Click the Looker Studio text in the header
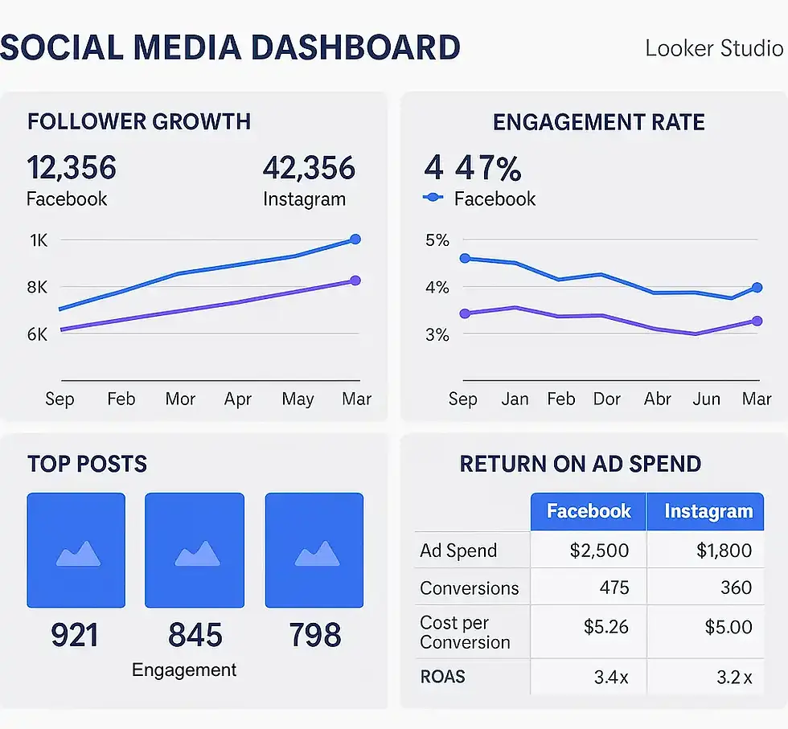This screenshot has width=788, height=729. [x=713, y=47]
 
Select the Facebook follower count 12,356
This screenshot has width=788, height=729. [x=72, y=169]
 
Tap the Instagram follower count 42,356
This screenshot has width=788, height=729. [x=309, y=169]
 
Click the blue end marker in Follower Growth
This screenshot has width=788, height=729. [x=355, y=240]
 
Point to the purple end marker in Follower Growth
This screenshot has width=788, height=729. [x=355, y=281]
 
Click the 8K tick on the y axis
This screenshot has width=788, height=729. [x=37, y=287]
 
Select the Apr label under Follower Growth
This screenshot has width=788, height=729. [x=238, y=399]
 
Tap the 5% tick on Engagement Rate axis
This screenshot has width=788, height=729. [x=437, y=240]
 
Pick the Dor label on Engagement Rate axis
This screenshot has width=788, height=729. [x=606, y=399]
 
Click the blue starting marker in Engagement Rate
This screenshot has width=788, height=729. [x=464, y=258]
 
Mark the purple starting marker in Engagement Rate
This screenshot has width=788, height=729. [x=464, y=313]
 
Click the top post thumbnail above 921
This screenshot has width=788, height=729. [x=76, y=550]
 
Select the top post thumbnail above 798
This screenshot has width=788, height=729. [x=314, y=550]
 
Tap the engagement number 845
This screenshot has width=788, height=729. [x=195, y=635]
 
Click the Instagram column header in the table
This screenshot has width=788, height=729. [x=708, y=511]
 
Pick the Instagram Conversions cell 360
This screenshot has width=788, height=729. [x=736, y=588]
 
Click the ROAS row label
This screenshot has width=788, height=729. [x=442, y=677]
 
